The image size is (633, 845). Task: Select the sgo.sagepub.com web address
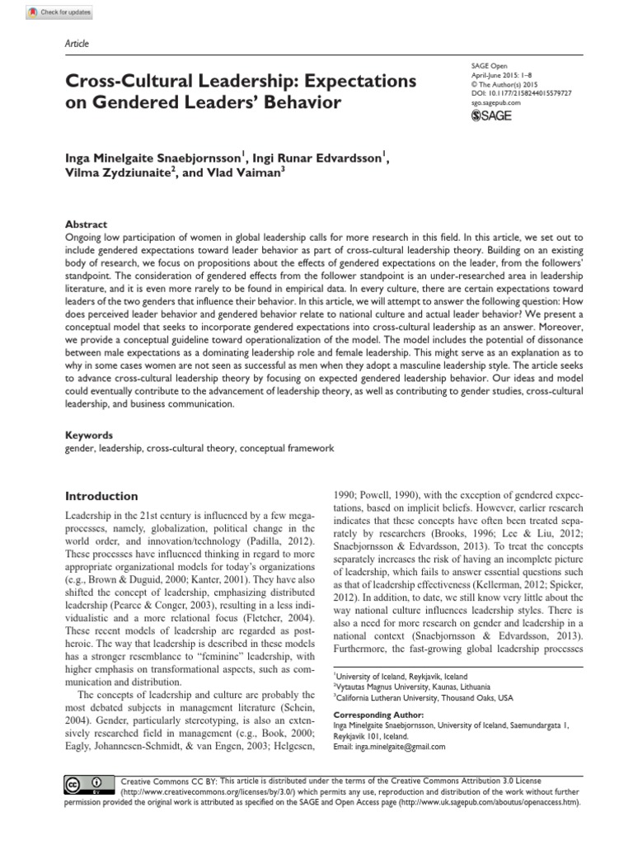[x=495, y=104]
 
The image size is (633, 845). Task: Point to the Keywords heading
[x=90, y=434]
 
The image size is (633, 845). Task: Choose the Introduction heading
[x=101, y=496]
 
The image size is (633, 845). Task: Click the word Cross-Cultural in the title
[x=135, y=83]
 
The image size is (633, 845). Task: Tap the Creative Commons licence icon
[x=81, y=782]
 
